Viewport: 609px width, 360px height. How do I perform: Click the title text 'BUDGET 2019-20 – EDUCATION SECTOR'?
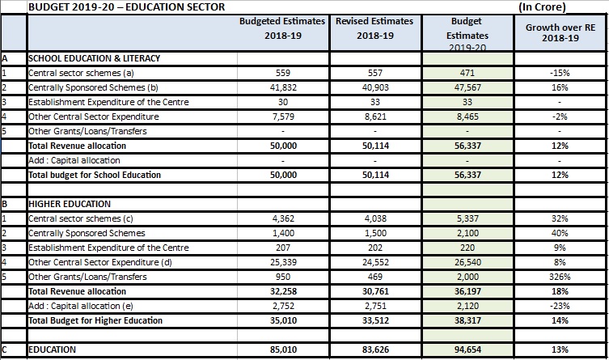pyautogui.click(x=127, y=7)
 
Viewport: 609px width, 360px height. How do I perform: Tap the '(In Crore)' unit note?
pyautogui.click(x=542, y=7)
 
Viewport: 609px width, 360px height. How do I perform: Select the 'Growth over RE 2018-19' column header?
pyautogui.click(x=560, y=32)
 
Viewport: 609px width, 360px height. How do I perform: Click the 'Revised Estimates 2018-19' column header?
pyautogui.click(x=374, y=28)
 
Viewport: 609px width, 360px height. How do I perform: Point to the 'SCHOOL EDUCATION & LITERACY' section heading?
pyautogui.click(x=94, y=58)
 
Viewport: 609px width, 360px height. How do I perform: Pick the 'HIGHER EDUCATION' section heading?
pyautogui.click(x=70, y=204)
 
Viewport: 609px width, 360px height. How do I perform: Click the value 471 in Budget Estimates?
pyautogui.click(x=467, y=73)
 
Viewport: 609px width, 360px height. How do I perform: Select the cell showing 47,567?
pyautogui.click(x=467, y=87)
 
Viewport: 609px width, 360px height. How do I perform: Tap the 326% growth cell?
pyautogui.click(x=560, y=277)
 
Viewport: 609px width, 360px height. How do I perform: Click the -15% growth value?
pyautogui.click(x=560, y=73)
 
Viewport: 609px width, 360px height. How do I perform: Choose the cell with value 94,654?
pyautogui.click(x=467, y=349)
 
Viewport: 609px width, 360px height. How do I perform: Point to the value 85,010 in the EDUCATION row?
pyautogui.click(x=284, y=349)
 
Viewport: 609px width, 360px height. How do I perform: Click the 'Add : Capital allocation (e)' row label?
pyautogui.click(x=81, y=306)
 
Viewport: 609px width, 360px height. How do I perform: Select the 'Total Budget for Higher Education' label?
pyautogui.click(x=95, y=320)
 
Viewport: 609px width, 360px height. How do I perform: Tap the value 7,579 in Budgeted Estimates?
pyautogui.click(x=283, y=116)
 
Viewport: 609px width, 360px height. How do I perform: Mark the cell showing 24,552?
pyautogui.click(x=375, y=262)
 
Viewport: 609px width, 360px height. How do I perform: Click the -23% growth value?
pyautogui.click(x=560, y=306)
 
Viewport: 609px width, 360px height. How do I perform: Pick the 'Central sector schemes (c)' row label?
pyautogui.click(x=81, y=218)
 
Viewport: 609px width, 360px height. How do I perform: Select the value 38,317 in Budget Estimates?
pyautogui.click(x=467, y=320)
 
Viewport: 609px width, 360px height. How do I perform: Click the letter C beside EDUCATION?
pyautogui.click(x=4, y=349)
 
